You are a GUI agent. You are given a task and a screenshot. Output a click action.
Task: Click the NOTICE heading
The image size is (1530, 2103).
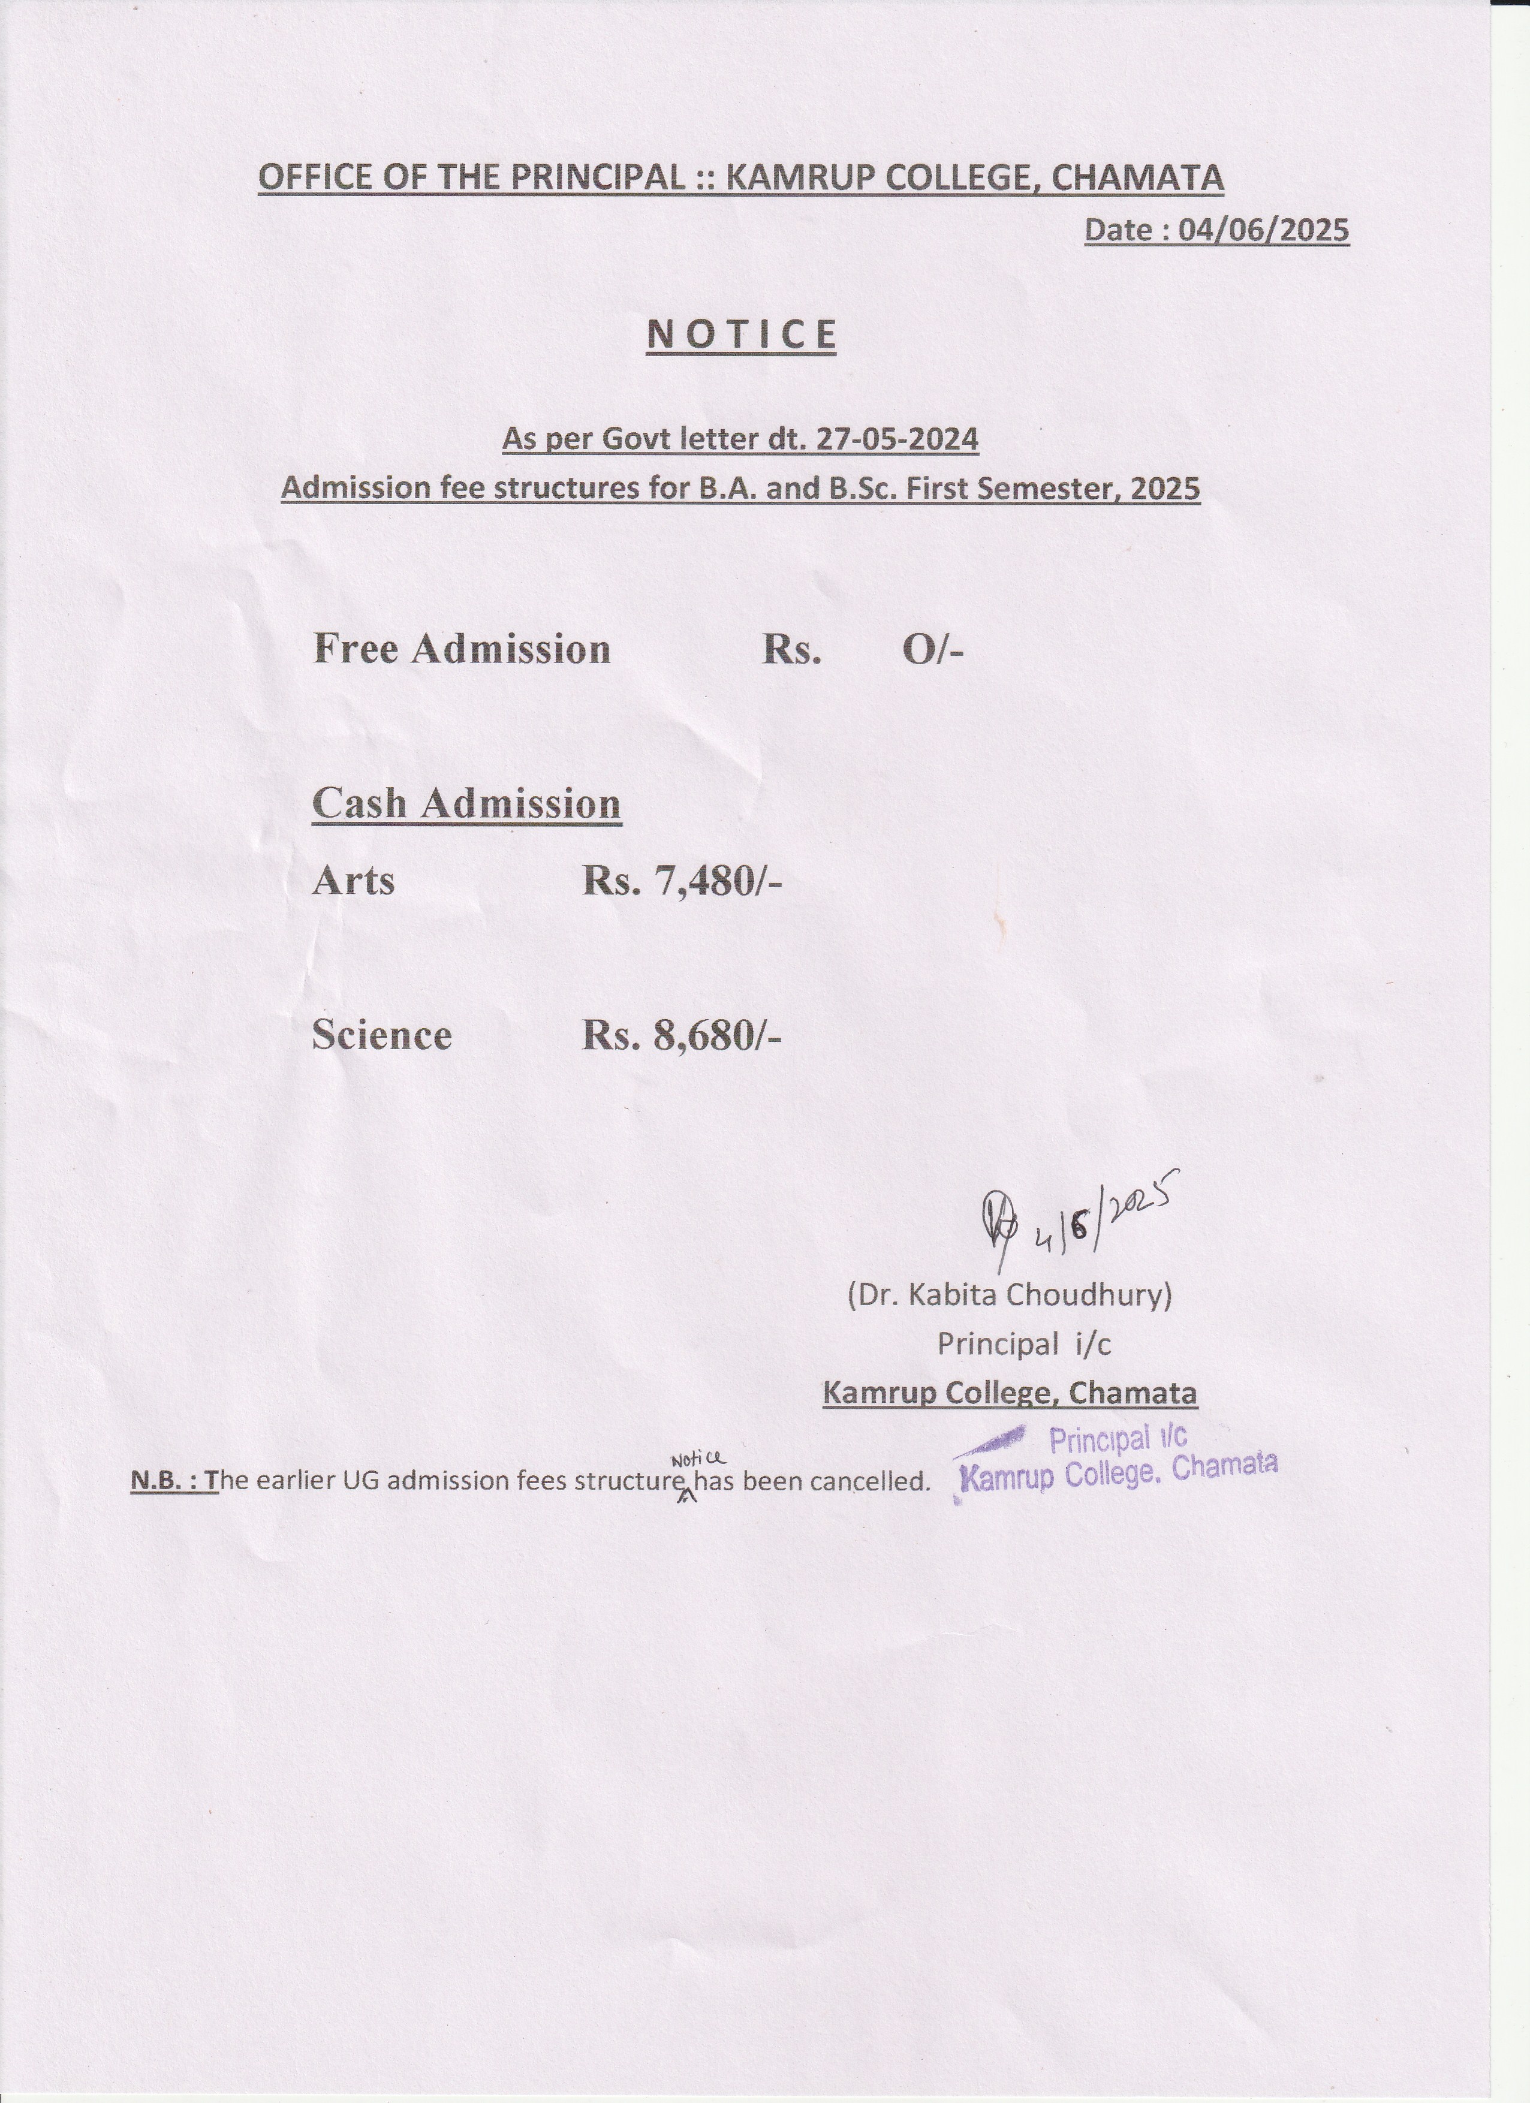[741, 335]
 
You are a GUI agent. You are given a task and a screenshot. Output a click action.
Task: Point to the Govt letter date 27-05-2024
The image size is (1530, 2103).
[897, 439]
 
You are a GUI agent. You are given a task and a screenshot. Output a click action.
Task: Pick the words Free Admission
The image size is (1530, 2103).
[462, 649]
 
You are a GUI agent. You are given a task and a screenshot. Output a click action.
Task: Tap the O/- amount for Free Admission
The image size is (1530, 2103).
[933, 650]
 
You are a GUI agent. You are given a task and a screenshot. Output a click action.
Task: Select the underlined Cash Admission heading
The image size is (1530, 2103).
[466, 803]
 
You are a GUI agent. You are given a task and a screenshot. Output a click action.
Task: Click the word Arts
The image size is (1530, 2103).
[353, 880]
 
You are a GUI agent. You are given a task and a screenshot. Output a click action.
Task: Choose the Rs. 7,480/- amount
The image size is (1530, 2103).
[682, 880]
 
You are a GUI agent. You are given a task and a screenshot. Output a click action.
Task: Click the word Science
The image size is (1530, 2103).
[381, 1035]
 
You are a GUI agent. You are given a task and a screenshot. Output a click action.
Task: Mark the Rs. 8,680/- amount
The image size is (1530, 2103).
[682, 1035]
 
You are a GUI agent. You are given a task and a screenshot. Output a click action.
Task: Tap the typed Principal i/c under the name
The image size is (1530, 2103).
[1024, 1343]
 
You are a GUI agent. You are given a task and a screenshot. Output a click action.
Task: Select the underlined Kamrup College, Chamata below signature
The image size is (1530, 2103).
[1010, 1393]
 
